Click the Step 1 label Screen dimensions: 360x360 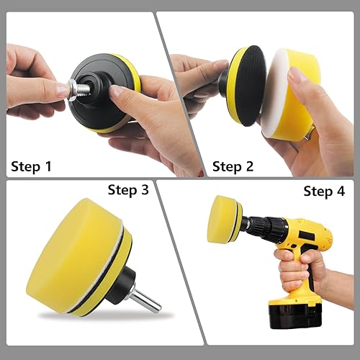point(31,166)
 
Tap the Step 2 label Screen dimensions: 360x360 point(233,166)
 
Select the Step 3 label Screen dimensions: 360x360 point(128,190)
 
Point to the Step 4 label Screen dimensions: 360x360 point(324,192)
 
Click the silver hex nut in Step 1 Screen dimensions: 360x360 point(73,90)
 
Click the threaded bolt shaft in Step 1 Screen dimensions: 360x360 point(84,89)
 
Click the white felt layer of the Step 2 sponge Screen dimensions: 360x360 point(274,94)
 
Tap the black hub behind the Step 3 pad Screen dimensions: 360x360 point(121,284)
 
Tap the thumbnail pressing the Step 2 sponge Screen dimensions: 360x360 point(296,73)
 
